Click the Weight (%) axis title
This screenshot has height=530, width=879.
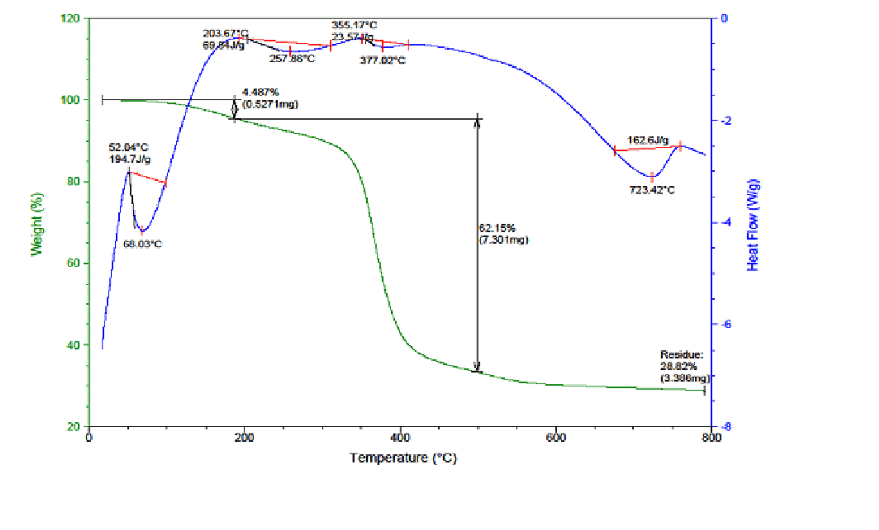36,224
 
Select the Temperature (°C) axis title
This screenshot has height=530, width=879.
403,458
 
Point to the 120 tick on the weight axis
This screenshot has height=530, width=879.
70,18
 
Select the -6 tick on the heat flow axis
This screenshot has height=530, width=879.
725,324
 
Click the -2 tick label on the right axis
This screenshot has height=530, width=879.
725,120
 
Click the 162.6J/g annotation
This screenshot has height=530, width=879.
648,140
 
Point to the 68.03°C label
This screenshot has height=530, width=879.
142,244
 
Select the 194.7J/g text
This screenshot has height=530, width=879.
130,159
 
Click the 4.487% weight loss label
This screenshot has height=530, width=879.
260,92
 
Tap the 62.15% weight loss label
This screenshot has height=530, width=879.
497,228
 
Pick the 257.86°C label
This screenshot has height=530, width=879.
292,59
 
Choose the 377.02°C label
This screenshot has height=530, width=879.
382,60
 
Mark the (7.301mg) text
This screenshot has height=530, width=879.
503,240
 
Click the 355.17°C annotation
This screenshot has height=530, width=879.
354,25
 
